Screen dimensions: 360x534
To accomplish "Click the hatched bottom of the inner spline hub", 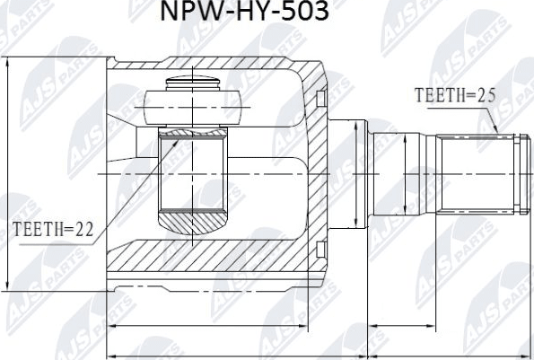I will coord(194,218).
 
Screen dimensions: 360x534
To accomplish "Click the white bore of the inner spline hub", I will coord(194,175).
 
